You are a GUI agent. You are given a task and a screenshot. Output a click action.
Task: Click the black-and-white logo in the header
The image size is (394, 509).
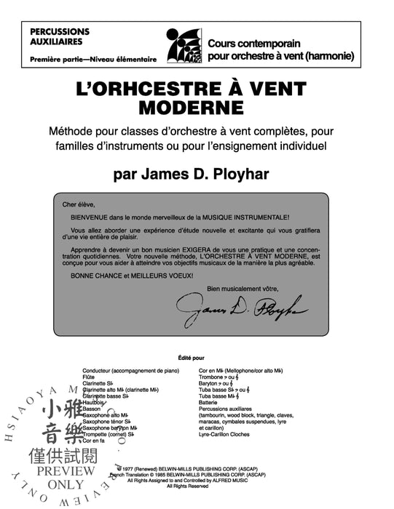pos(182,46)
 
